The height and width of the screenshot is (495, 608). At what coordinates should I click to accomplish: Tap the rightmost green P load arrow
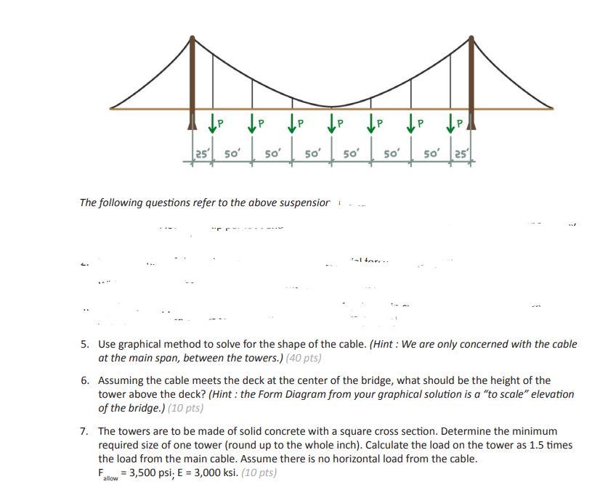453,123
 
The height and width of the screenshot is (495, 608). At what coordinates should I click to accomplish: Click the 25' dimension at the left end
203,155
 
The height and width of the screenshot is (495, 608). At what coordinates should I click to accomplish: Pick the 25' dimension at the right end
462,155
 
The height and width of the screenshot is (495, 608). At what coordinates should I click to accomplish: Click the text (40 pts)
304,358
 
